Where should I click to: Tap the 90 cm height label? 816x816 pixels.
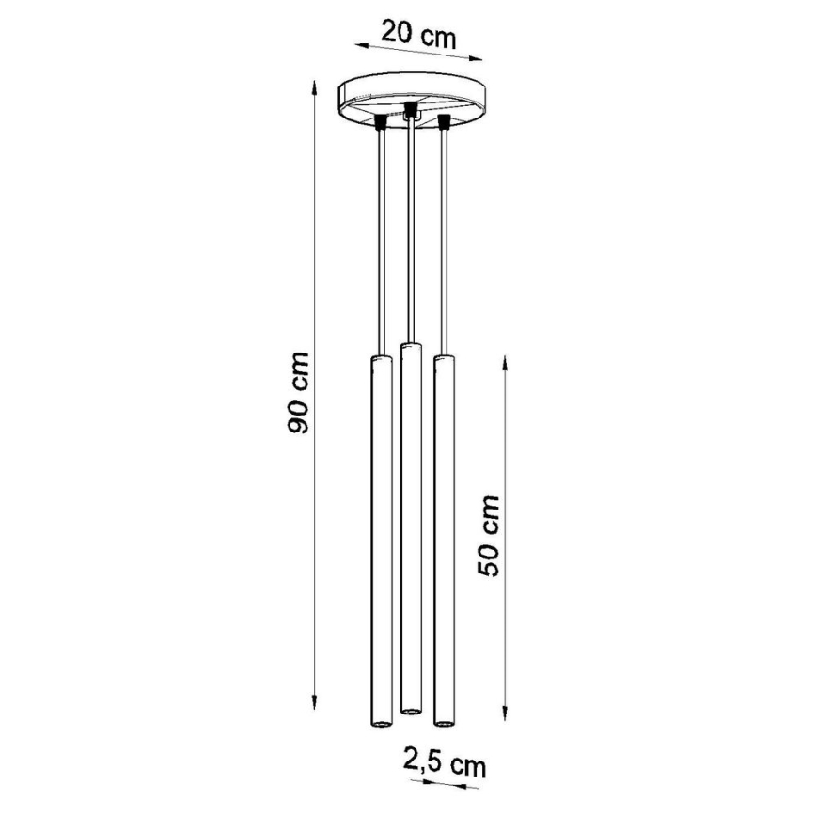click(x=298, y=395)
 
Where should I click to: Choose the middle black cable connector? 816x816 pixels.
click(x=410, y=111)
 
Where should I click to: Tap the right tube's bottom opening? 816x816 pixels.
click(x=443, y=723)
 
